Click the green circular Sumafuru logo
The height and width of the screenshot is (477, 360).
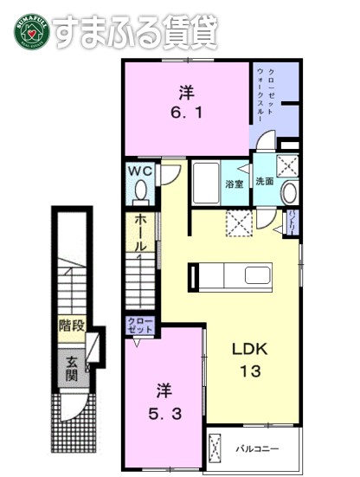point(31,32)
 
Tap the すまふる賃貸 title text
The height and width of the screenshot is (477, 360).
point(134,32)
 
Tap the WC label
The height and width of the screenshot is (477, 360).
point(141,171)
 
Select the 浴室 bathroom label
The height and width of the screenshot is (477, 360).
point(234,184)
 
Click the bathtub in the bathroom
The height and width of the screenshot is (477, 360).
point(205,182)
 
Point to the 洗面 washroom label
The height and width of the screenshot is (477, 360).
point(264,182)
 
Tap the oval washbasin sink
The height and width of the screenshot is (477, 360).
point(289,193)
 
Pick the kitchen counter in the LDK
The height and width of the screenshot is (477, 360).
point(229,277)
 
